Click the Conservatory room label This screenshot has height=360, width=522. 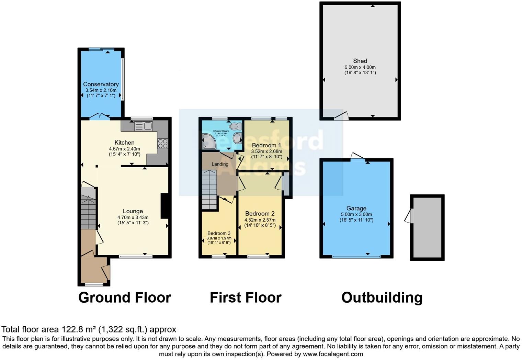[101, 84]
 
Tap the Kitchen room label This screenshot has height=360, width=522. [124, 143]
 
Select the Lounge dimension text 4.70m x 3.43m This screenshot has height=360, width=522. [133, 217]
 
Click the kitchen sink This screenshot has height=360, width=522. [144, 126]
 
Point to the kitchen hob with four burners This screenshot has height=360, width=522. [163, 143]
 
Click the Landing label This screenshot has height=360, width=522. [220, 164]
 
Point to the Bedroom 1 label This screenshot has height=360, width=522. [266, 145]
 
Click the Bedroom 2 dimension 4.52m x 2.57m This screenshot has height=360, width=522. [260, 220]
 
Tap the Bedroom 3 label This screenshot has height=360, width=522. [219, 233]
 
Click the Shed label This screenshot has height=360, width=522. [360, 61]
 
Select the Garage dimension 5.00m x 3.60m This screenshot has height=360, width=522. [356, 214]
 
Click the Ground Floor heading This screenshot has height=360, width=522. [125, 297]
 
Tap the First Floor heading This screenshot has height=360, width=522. [246, 297]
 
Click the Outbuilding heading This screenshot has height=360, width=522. [382, 297]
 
